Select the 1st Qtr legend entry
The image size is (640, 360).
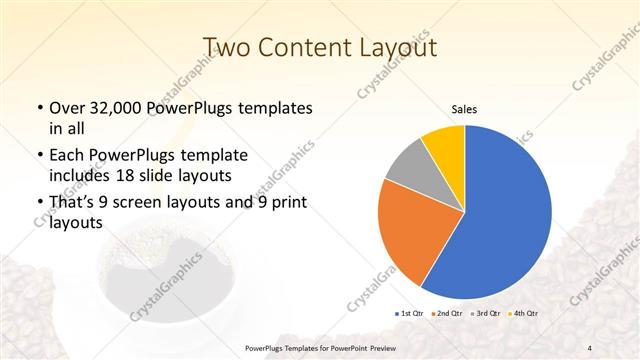point(411,314)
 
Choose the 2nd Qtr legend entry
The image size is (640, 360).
point(446,314)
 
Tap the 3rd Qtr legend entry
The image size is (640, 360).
point(486,314)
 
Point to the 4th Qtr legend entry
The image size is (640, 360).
point(524,314)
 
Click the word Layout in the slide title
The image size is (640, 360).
point(401,46)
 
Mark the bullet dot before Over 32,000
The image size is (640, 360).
point(38,108)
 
